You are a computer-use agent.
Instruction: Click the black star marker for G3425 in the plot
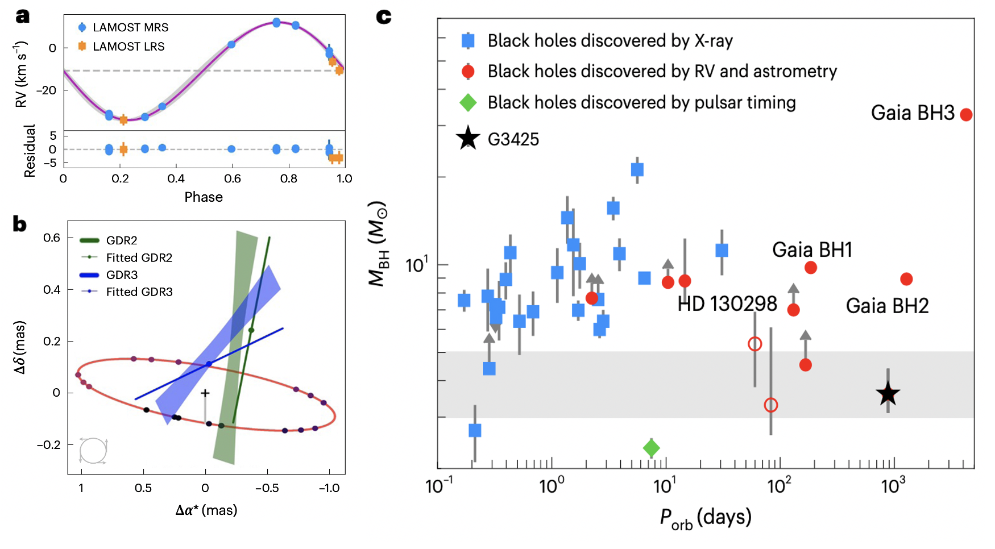click(x=888, y=394)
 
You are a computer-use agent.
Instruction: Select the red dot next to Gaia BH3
click(x=966, y=115)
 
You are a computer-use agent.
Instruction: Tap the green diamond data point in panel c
click(x=651, y=448)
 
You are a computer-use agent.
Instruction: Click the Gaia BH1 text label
click(x=812, y=250)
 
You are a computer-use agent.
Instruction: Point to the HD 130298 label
click(x=727, y=304)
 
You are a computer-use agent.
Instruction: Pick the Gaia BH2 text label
click(x=887, y=306)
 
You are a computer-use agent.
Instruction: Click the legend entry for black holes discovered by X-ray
click(x=610, y=41)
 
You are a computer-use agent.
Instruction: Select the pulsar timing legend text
click(x=641, y=103)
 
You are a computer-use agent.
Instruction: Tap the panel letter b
click(x=20, y=224)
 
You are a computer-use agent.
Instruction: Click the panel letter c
click(x=384, y=16)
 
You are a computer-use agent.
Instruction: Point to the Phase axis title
click(x=204, y=197)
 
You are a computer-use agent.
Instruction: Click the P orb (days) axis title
click(x=705, y=518)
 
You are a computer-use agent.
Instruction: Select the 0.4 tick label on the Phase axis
click(x=176, y=178)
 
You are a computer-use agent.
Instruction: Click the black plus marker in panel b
click(x=205, y=393)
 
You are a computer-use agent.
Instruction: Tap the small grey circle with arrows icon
click(x=93, y=451)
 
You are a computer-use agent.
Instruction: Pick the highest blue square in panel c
click(x=637, y=169)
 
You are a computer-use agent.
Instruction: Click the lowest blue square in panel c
click(x=475, y=430)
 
